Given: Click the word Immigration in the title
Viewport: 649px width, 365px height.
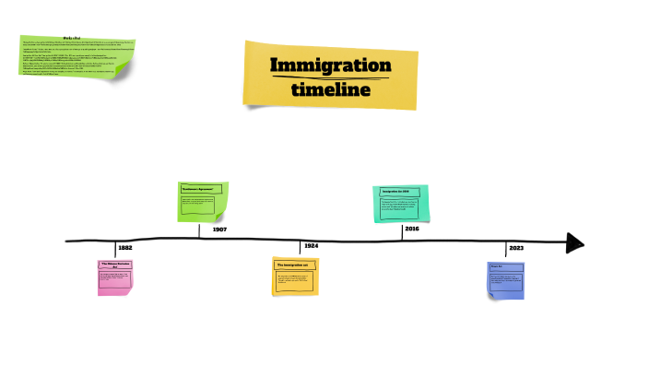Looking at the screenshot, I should [x=330, y=65].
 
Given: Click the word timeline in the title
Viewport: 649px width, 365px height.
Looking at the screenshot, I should [x=330, y=89].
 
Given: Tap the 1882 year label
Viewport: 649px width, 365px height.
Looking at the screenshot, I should [x=125, y=248].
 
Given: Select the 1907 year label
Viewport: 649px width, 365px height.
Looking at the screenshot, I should [x=219, y=229].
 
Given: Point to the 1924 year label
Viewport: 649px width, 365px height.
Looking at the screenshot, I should [x=312, y=246].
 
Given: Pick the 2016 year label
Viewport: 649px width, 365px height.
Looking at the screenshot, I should [x=411, y=229].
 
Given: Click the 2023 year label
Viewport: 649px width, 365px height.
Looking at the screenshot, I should [x=515, y=248].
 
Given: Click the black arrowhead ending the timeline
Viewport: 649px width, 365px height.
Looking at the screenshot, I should [x=575, y=242].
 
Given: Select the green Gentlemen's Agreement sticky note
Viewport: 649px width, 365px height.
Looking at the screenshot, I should [x=203, y=202].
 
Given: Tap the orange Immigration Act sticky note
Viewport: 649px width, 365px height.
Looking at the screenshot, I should [x=295, y=277].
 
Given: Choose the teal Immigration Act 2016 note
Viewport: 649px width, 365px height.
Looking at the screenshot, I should [x=401, y=204].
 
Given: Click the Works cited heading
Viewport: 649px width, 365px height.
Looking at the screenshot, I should [x=74, y=38].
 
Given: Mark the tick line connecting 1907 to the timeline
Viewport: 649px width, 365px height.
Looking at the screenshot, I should [x=199, y=230].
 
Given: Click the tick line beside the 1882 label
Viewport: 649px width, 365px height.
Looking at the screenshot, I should [x=116, y=250].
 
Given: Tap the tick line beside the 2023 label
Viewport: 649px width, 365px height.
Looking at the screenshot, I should [x=505, y=250].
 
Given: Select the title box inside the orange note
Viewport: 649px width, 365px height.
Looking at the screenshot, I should [x=295, y=265].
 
